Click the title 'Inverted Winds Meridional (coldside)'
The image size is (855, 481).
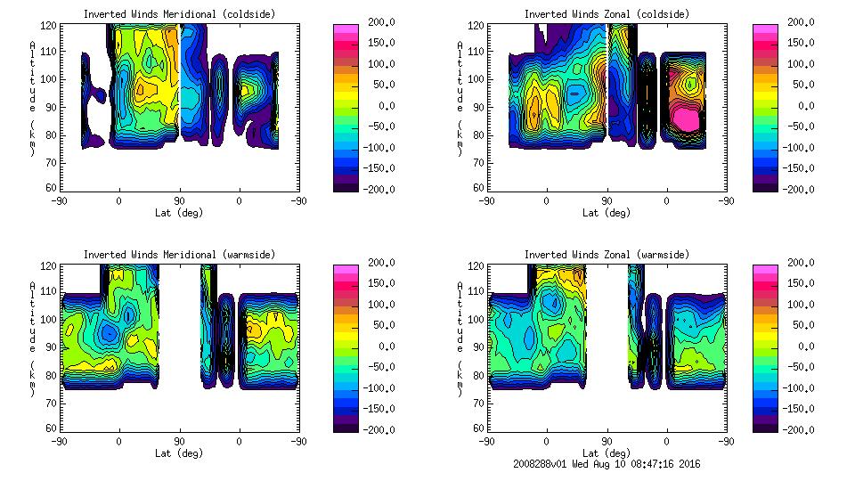click(180, 14)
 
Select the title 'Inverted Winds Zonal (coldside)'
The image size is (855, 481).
click(607, 14)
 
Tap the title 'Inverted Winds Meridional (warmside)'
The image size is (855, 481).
click(180, 255)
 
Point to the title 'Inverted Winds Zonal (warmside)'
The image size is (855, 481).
click(607, 255)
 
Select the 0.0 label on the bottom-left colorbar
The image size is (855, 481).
click(381, 346)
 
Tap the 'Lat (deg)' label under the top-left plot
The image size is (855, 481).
click(180, 213)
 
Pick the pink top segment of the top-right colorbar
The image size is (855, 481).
click(765, 31)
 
